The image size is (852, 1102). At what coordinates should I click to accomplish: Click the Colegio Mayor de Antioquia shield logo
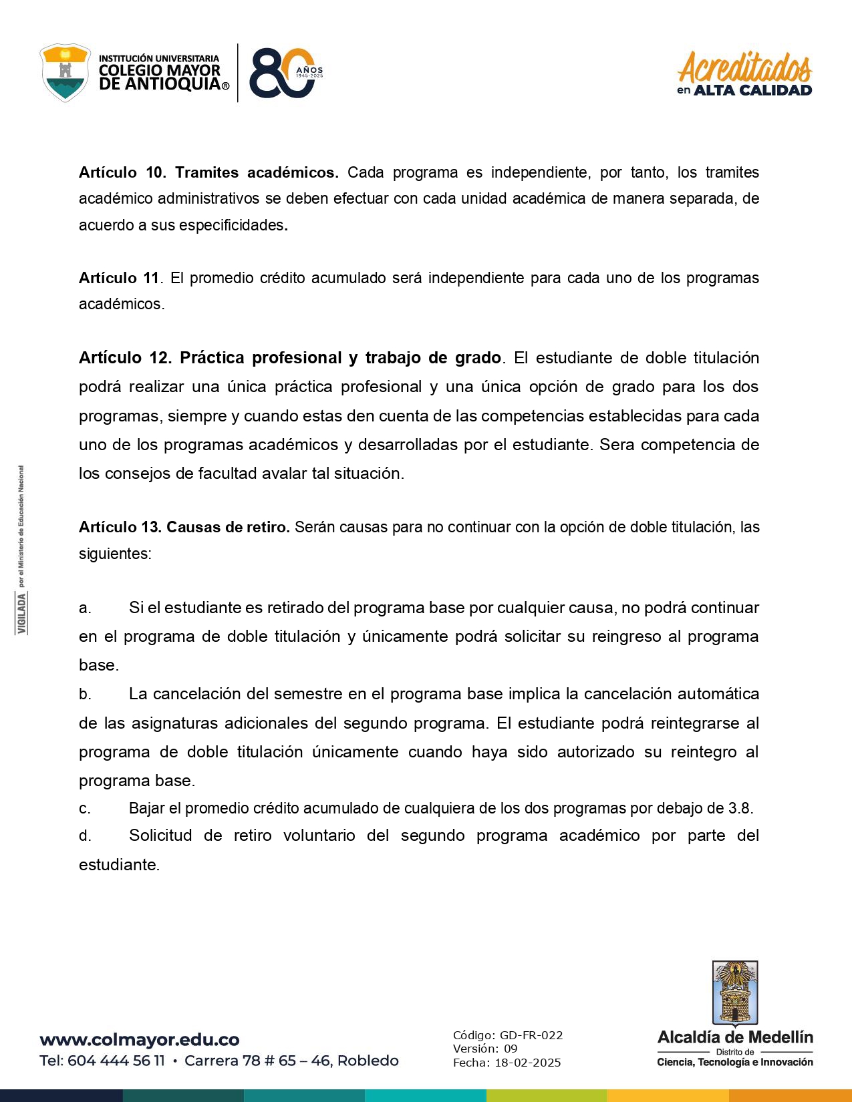point(65,73)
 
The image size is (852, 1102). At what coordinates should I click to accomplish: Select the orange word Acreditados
point(744,67)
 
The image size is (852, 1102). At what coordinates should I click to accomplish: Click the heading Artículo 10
point(122,172)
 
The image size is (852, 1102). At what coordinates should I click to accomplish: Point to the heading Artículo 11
point(119,278)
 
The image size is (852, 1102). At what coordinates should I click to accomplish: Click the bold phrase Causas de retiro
point(227,527)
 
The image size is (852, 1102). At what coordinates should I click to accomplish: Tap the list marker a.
point(85,608)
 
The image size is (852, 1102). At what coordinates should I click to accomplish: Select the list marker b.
point(85,694)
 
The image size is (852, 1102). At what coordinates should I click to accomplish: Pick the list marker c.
point(85,809)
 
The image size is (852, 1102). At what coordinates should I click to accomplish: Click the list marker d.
point(85,836)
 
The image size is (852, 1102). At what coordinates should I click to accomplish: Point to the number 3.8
point(739,808)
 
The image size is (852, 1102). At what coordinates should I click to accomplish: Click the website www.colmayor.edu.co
point(140,1040)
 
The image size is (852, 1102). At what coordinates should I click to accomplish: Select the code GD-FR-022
point(531,1035)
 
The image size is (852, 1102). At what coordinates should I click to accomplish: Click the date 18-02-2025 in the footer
point(527,1063)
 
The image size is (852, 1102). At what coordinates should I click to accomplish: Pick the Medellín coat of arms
point(734,992)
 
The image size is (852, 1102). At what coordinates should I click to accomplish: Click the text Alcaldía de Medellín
point(735,1037)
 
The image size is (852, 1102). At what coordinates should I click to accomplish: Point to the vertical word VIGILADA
point(22,613)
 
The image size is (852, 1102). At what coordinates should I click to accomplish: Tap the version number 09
point(511,1049)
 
